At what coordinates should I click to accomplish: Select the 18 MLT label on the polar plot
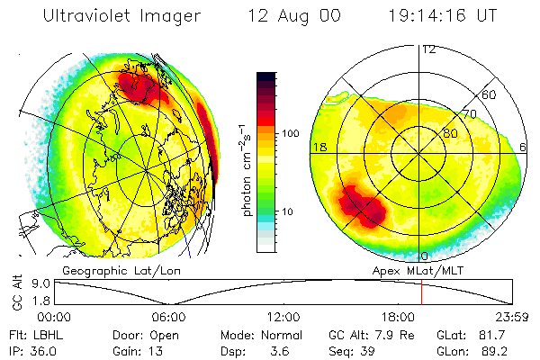319,147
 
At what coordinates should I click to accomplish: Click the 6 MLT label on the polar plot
523,147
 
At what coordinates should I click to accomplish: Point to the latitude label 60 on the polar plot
490,94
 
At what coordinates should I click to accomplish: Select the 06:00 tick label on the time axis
168,317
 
